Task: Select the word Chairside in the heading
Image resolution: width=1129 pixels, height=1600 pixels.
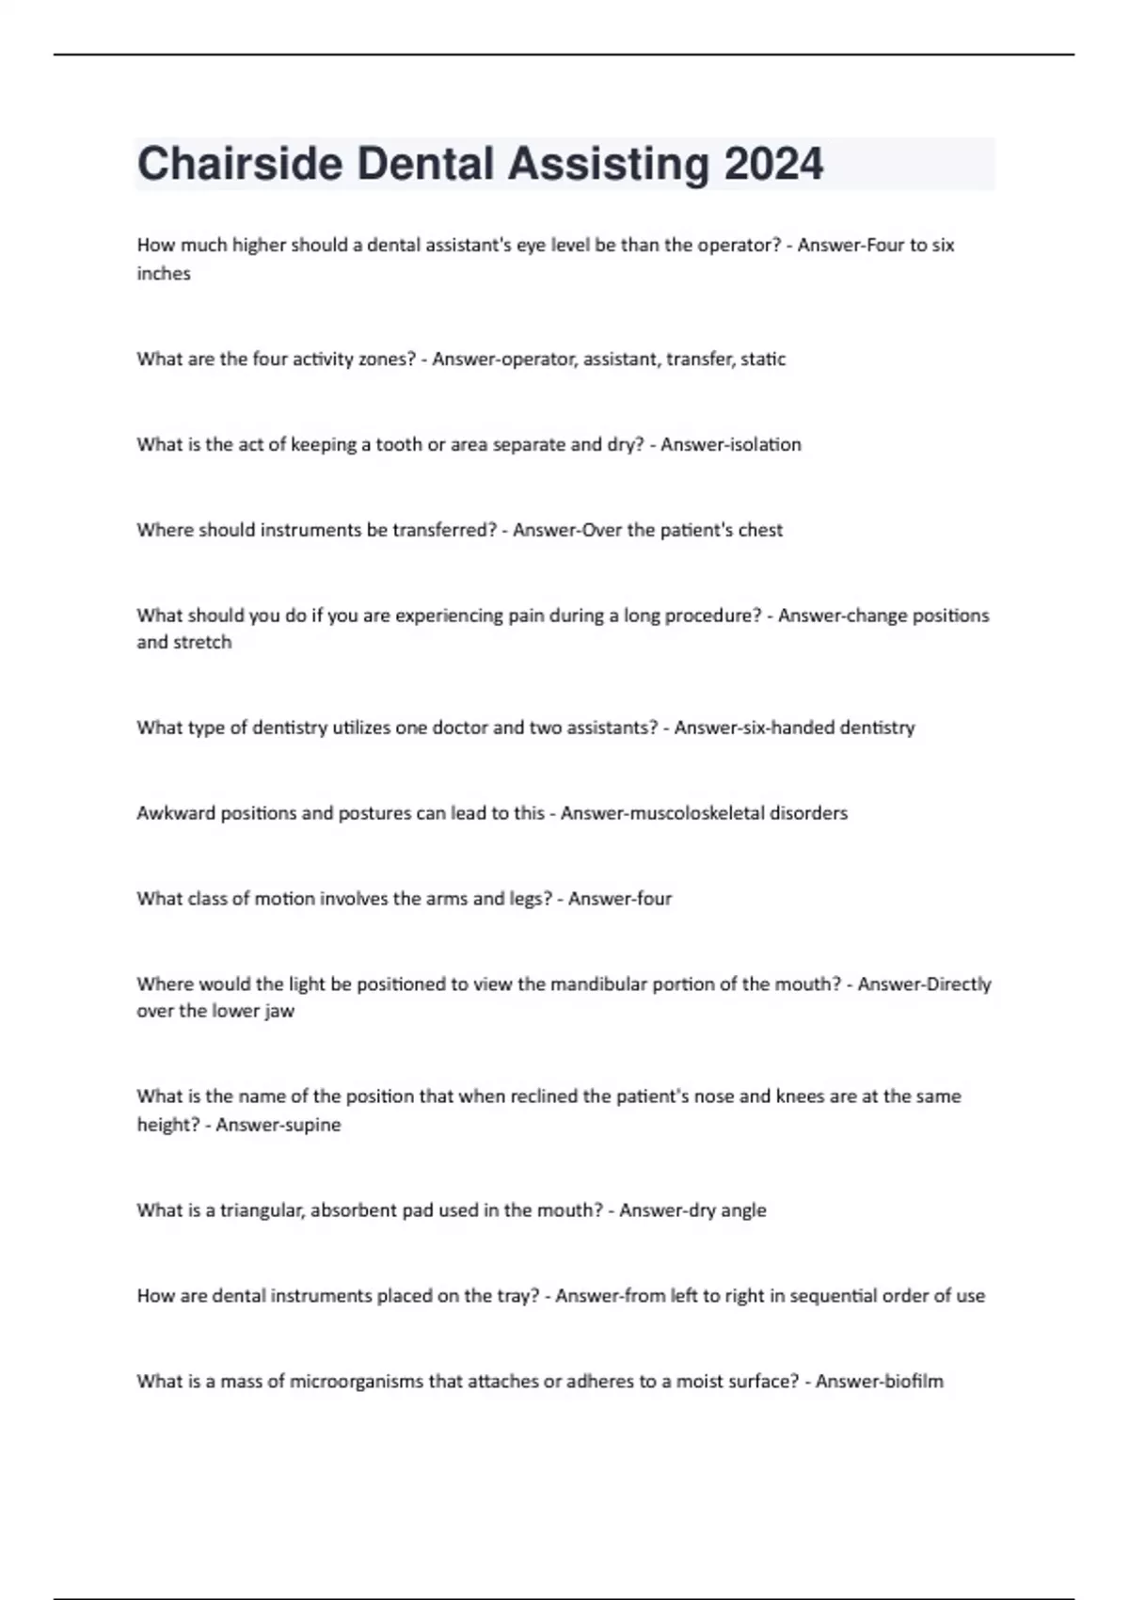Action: pos(240,164)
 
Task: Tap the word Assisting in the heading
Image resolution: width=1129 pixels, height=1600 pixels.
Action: pos(608,164)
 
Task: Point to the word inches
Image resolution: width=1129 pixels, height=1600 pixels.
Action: pos(164,274)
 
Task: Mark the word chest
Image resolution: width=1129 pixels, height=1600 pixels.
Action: pos(760,530)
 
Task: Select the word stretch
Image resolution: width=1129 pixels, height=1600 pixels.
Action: pos(204,643)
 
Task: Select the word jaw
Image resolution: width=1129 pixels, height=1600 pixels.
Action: pos(280,1012)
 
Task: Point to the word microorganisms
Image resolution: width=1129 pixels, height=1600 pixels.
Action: pos(357,1382)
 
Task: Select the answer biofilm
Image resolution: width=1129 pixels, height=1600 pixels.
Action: pos(911,1382)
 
